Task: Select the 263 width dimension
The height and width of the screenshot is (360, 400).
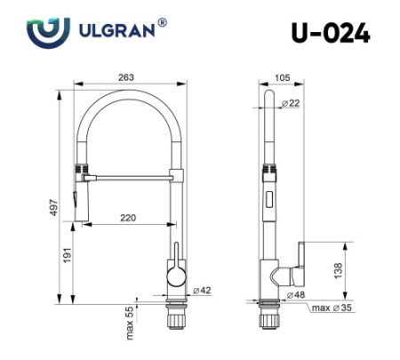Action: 126,76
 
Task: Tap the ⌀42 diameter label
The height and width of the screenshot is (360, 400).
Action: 203,290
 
